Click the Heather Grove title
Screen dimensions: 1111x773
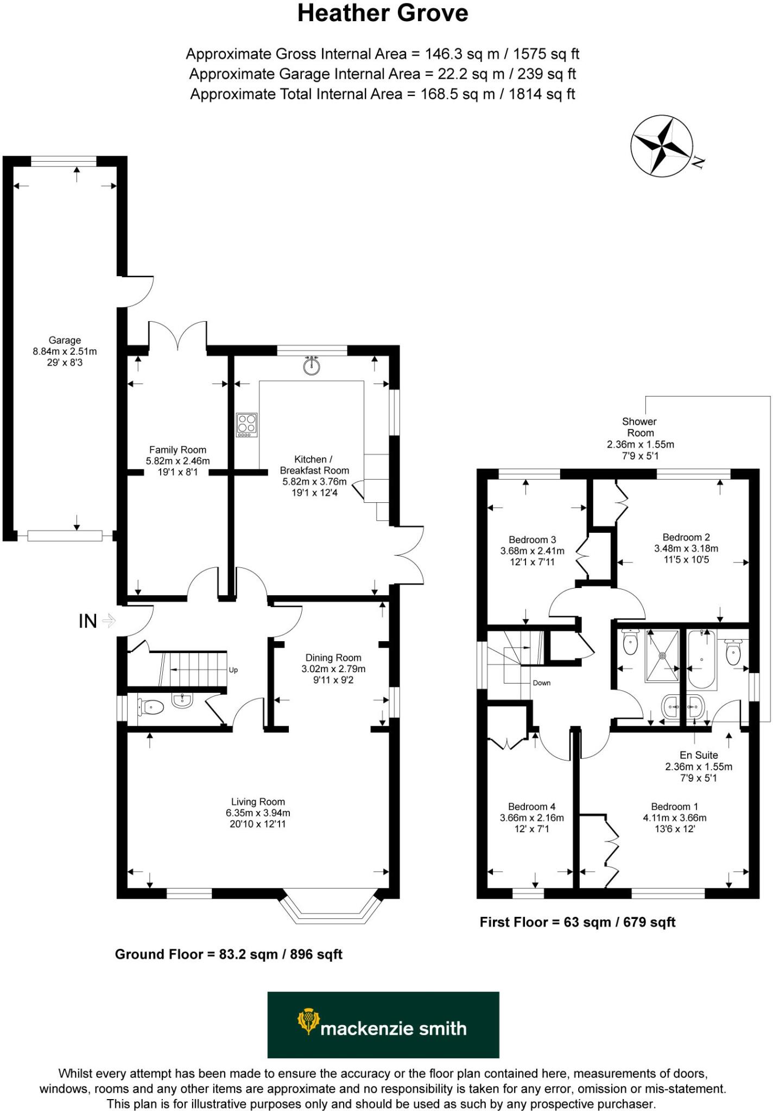point(383,14)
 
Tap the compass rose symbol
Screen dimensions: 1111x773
point(662,145)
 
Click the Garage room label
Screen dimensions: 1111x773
point(65,340)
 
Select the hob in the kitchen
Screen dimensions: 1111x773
point(246,425)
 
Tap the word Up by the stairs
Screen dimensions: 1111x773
point(233,670)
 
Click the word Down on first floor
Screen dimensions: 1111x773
point(541,683)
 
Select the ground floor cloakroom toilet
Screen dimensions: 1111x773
point(152,707)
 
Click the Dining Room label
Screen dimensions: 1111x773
point(333,657)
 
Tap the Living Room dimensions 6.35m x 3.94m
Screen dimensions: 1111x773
point(258,813)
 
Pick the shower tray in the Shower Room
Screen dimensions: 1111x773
point(662,655)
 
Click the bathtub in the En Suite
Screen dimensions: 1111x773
point(702,659)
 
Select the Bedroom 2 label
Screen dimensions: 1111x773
point(686,537)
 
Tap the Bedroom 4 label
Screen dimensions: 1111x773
point(531,807)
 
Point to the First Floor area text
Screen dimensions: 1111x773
point(577,922)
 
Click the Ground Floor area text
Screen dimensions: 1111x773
point(229,954)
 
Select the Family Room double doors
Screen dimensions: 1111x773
point(178,336)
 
